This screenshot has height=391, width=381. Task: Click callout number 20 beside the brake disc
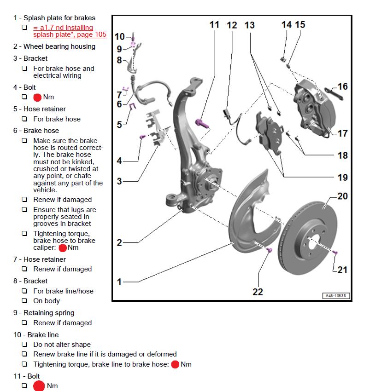coord(342,196)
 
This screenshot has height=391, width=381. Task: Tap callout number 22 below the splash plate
coord(258,292)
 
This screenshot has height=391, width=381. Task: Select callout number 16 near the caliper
coord(342,86)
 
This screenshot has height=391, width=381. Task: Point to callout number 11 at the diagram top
coord(214,24)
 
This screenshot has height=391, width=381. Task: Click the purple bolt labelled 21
coord(335,253)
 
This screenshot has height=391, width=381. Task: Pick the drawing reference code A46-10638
coord(335,296)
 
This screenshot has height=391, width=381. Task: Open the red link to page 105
coord(69,31)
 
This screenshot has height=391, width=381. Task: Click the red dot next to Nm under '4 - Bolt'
coord(37,97)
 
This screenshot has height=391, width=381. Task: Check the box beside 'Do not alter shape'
coord(24,345)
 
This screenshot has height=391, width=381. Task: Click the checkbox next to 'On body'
coord(24,301)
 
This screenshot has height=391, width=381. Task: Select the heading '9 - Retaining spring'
coord(44,313)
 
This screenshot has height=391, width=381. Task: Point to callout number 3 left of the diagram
coord(119,181)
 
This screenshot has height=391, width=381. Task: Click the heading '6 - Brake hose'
coord(36,131)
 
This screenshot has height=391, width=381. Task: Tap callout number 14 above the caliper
coord(286,24)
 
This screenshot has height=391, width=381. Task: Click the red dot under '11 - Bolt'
coord(39,386)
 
